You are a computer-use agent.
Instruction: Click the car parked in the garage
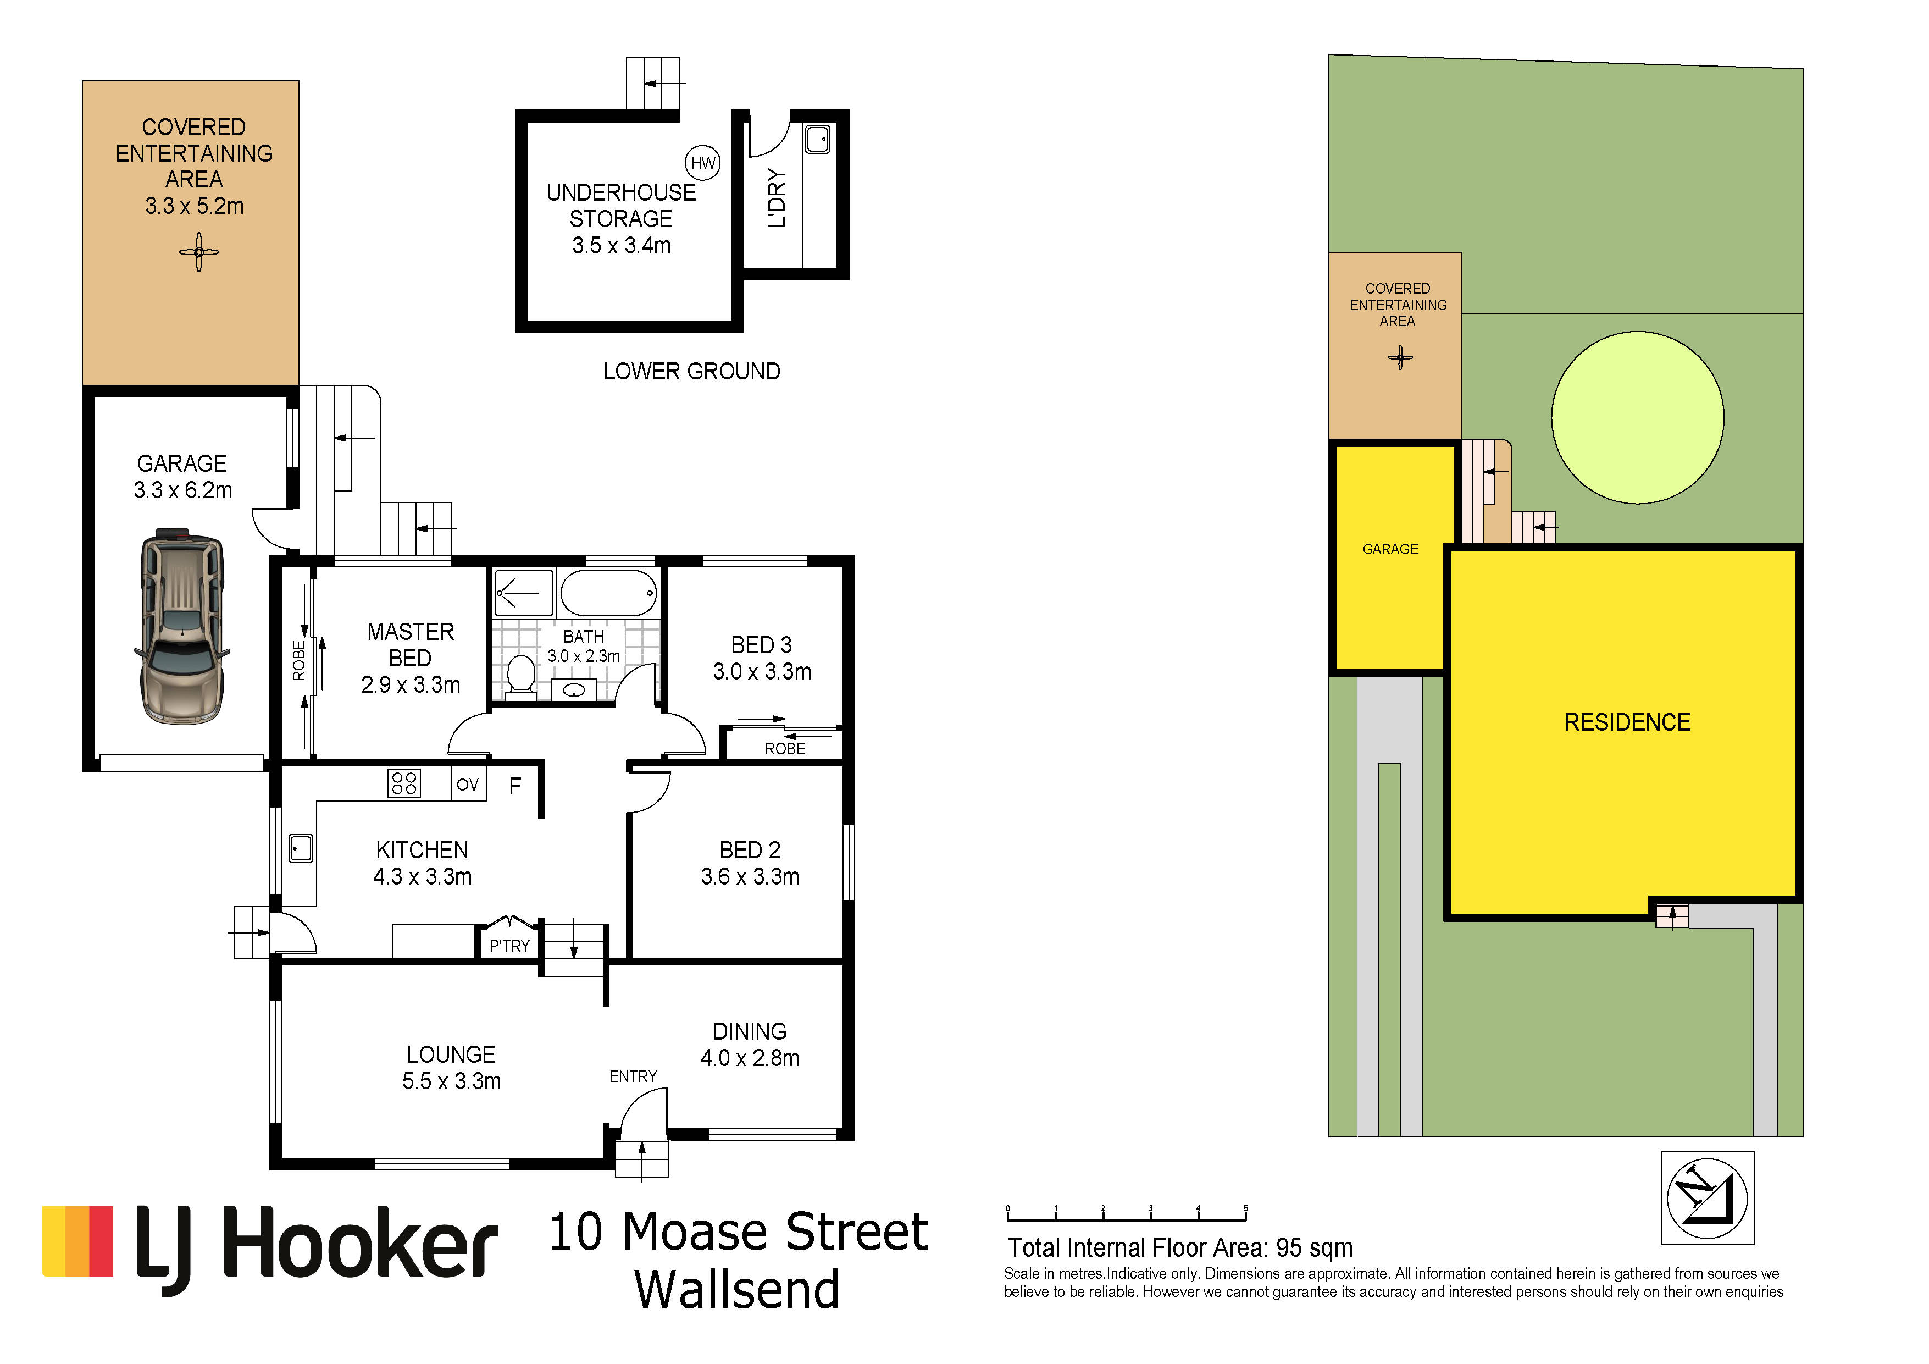(x=181, y=626)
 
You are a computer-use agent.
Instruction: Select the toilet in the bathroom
(x=521, y=676)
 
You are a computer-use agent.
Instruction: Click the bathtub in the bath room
(x=608, y=593)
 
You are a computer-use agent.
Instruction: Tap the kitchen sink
(x=301, y=848)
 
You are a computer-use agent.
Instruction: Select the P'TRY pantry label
(x=509, y=946)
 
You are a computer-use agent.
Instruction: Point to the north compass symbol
(x=1707, y=1197)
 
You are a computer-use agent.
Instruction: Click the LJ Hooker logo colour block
(x=77, y=1241)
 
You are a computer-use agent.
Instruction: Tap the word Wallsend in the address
(x=737, y=1289)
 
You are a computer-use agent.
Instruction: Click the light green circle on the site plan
(x=1638, y=418)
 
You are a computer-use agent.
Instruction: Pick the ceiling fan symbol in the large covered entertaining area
(x=199, y=252)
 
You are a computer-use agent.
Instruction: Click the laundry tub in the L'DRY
(x=817, y=139)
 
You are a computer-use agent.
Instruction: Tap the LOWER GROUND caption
(x=691, y=372)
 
